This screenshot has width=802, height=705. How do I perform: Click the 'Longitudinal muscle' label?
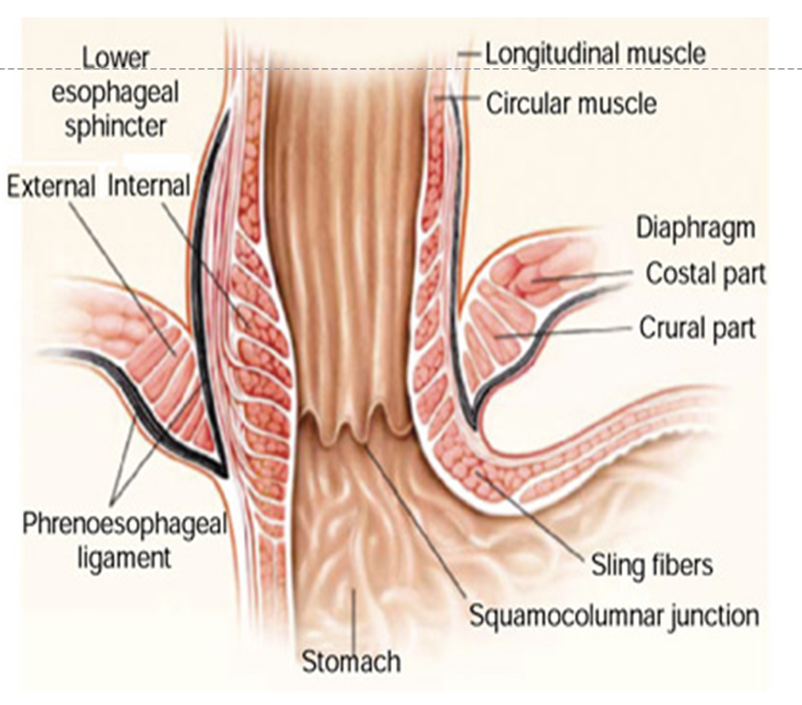[594, 54]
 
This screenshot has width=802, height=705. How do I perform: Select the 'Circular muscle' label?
[571, 103]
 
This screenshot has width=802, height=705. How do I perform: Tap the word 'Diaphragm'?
[696, 227]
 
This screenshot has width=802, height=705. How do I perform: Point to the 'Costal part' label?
[705, 273]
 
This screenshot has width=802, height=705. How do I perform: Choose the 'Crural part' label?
[697, 327]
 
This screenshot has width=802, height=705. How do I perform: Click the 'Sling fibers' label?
[651, 565]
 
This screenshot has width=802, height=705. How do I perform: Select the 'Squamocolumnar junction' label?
[614, 615]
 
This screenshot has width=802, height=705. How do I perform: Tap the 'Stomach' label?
[351, 660]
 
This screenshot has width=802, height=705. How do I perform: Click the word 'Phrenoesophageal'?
[124, 524]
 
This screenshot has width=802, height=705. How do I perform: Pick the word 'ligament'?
[124, 557]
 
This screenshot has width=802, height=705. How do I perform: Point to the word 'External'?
[51, 186]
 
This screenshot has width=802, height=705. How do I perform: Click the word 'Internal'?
[149, 186]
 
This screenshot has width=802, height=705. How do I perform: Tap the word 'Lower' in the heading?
[116, 57]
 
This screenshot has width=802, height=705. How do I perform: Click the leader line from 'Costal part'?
[586, 276]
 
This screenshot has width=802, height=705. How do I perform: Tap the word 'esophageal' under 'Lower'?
[115, 92]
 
